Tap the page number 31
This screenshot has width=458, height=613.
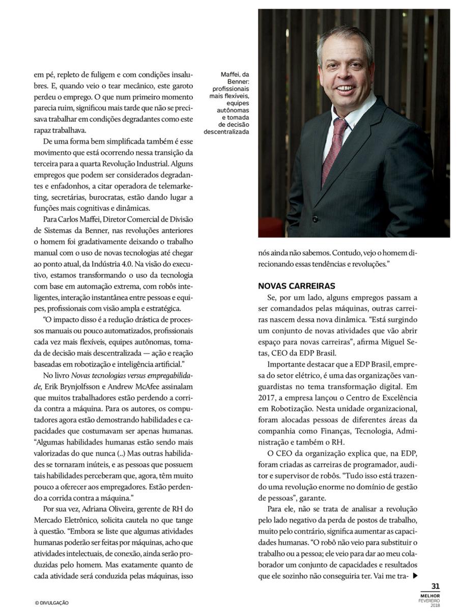coord(436,587)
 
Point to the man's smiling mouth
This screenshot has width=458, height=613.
coord(347,89)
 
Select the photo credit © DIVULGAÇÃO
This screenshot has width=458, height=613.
coord(52,603)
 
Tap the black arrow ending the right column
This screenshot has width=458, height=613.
coord(415,576)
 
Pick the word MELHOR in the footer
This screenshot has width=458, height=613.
coord(431,595)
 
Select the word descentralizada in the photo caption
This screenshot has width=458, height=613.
coord(227,131)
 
